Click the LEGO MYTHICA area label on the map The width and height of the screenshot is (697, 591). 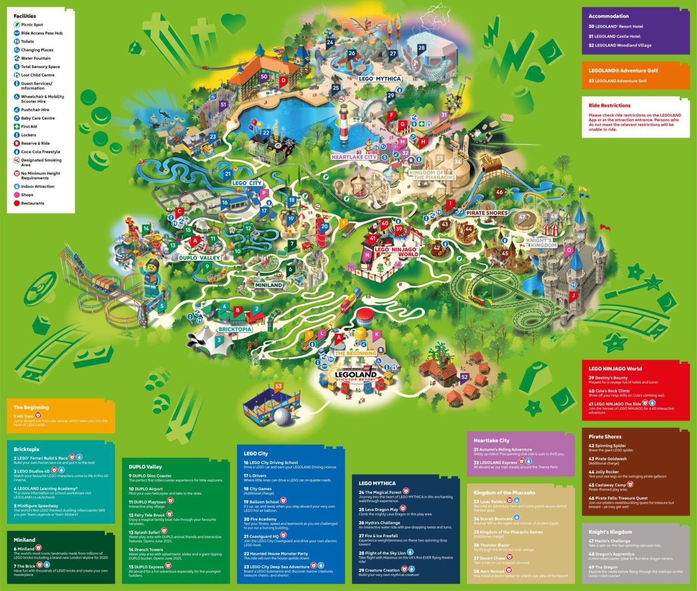point(380,79)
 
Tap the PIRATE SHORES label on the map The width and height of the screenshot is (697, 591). point(487,213)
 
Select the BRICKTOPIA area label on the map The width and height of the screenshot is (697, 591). point(235,329)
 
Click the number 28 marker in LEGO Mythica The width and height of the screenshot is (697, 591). point(422,48)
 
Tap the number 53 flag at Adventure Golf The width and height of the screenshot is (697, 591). point(278,386)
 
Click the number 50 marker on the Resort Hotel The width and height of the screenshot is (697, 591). point(264,77)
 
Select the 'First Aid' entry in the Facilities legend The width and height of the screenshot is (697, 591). point(29,127)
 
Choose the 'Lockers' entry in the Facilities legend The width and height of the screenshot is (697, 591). point(28,135)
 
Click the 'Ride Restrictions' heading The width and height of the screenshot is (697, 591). point(609,105)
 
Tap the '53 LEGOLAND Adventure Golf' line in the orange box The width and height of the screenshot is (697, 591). point(618,81)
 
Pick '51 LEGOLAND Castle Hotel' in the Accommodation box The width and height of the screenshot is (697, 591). point(614,36)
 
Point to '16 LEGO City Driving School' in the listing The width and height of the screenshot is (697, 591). point(271,463)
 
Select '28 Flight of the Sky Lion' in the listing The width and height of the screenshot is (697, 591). point(383,553)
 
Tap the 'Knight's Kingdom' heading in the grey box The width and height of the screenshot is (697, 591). point(610,532)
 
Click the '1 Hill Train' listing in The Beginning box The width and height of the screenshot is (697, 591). point(24,416)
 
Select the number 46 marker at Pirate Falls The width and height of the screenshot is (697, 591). point(500,192)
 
